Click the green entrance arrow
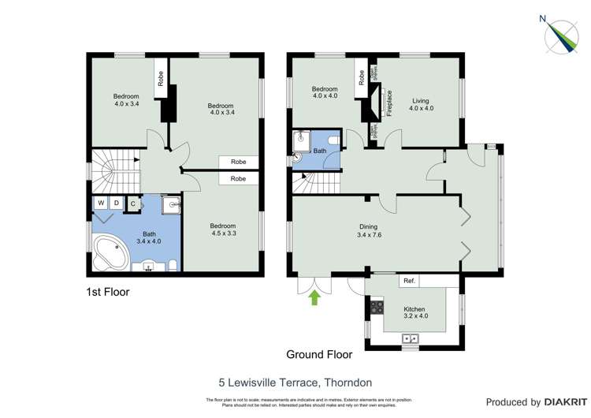[x=314, y=297]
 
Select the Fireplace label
[x=389, y=103]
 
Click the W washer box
[x=101, y=203]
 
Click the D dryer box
[x=117, y=203]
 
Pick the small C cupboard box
[x=133, y=203]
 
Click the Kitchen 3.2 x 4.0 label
[x=414, y=313]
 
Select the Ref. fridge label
[x=409, y=281]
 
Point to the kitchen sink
[x=410, y=339]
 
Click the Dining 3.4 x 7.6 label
[x=367, y=231]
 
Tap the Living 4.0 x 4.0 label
[x=421, y=105]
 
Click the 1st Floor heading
[x=107, y=292]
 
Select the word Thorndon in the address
[x=351, y=383]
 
